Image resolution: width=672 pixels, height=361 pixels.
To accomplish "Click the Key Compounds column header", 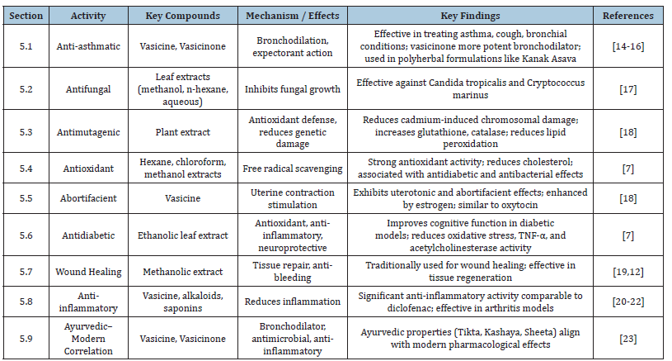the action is click(182, 16).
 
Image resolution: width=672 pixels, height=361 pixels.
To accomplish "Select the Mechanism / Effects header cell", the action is click(292, 16).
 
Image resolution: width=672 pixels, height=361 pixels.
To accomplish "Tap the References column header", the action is click(627, 16).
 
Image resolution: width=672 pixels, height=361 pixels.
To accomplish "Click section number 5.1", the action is click(26, 46).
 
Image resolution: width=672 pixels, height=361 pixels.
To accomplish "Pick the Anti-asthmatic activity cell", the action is click(88, 46).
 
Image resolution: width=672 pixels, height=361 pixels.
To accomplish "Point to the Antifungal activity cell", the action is click(88, 89).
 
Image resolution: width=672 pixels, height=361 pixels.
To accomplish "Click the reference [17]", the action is click(627, 89).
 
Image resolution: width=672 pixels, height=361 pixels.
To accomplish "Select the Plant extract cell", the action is click(182, 132).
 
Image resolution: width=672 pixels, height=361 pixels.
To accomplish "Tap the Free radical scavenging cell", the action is click(292, 169).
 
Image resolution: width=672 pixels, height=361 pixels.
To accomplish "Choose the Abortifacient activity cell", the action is click(88, 198).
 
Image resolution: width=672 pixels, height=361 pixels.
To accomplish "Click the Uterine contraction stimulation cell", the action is click(292, 198).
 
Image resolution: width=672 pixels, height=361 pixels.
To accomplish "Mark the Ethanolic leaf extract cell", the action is click(182, 235).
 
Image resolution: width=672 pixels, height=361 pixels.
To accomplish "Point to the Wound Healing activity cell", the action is click(88, 272).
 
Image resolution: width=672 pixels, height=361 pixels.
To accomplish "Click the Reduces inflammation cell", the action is click(292, 302).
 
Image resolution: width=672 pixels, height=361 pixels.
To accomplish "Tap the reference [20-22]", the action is click(627, 302).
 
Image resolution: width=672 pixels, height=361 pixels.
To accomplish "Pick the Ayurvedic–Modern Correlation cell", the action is click(88, 338).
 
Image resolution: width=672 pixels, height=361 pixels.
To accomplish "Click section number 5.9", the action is click(26, 339).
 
